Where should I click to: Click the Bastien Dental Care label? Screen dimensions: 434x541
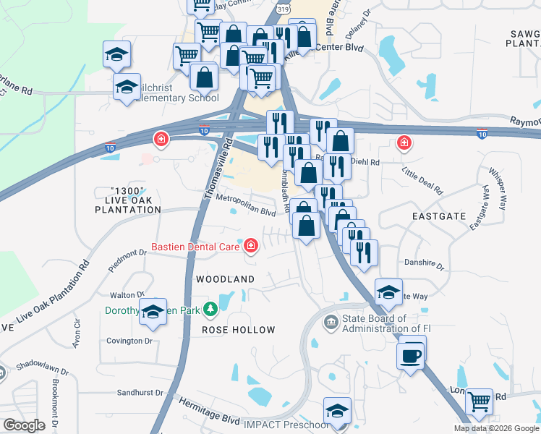195,247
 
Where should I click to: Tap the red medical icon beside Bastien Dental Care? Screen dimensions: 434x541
251,247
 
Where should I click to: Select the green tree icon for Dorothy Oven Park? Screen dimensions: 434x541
210,310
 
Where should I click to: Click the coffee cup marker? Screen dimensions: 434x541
412,356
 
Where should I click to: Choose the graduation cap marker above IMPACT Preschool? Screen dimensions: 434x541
337,411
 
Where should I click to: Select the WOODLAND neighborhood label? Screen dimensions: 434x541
225,279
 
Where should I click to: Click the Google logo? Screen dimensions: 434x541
25,425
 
